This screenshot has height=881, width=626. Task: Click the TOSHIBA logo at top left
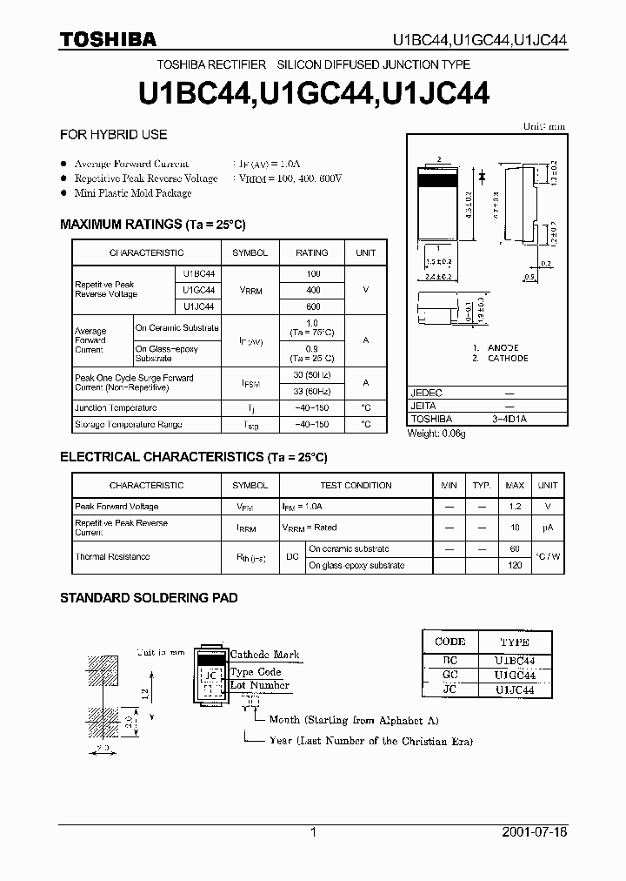click(x=108, y=38)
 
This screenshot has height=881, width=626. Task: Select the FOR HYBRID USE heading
click(x=113, y=135)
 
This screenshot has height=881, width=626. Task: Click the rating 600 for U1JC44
click(x=313, y=306)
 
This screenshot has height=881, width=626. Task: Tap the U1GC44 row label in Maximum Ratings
click(x=198, y=290)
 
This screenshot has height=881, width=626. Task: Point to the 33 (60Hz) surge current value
click(x=312, y=390)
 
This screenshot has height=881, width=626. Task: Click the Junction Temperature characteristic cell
click(x=116, y=407)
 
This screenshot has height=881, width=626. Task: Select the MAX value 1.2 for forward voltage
click(x=515, y=506)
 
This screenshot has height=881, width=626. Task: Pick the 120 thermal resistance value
click(x=515, y=565)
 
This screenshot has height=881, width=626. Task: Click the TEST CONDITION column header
click(x=356, y=486)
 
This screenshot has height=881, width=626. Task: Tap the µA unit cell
click(x=547, y=528)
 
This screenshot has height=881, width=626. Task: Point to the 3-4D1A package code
click(x=509, y=419)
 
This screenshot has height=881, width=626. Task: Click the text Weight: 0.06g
click(x=436, y=434)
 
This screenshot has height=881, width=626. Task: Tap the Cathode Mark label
click(x=264, y=654)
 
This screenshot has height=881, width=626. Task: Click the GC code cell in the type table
click(x=450, y=675)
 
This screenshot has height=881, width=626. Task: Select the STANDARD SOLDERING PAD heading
click(x=148, y=598)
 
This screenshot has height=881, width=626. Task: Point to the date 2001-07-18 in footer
click(x=535, y=832)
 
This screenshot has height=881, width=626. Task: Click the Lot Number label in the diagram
click(x=259, y=686)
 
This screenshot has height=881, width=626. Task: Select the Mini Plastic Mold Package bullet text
click(x=133, y=193)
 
